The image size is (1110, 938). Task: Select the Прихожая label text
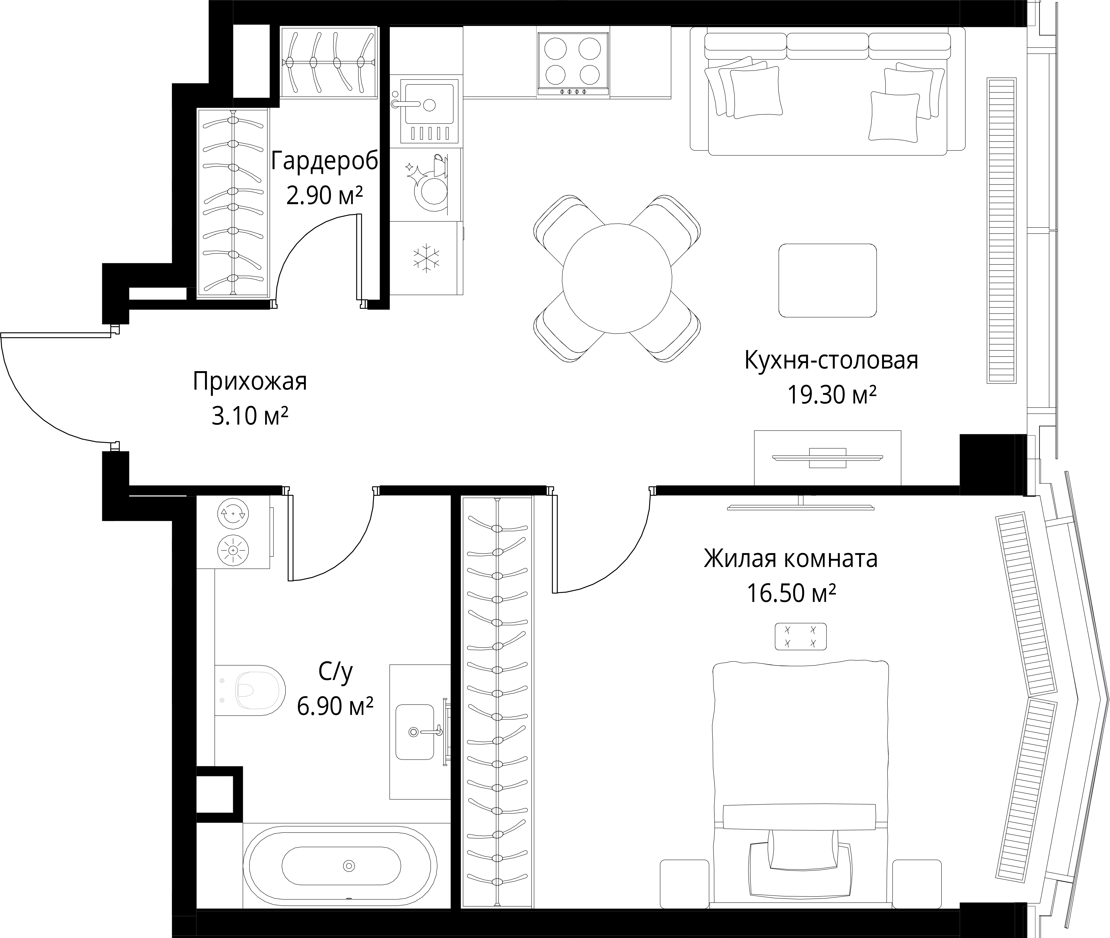250,382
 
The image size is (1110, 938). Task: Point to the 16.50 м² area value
791,593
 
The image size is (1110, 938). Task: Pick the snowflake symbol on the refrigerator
426,258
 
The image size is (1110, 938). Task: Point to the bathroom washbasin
415,732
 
